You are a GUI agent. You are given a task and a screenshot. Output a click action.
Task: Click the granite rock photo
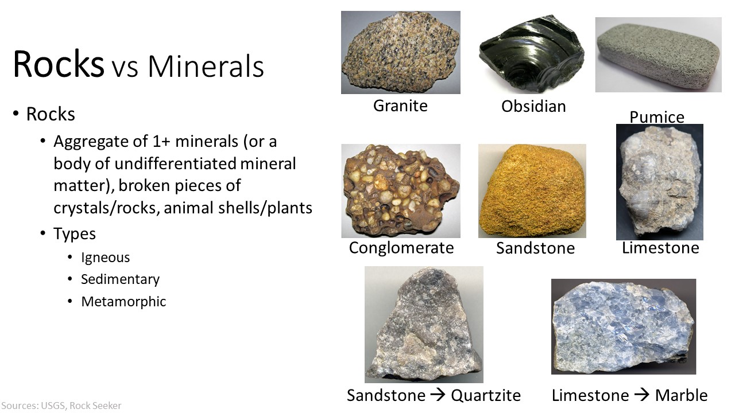(x=401, y=52)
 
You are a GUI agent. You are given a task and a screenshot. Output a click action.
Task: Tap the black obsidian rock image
(x=532, y=52)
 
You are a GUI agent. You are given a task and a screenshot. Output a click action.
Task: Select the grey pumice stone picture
(x=658, y=54)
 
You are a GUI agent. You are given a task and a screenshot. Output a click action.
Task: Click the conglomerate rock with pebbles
(x=401, y=191)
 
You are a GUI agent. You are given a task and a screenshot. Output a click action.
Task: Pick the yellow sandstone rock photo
(x=532, y=191)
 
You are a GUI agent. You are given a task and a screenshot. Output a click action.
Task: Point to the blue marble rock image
(x=624, y=326)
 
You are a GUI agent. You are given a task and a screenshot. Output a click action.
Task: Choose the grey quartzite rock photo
(x=424, y=325)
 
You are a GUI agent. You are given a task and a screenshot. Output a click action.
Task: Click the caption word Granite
(x=400, y=106)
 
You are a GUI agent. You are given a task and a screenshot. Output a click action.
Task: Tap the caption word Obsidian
(x=533, y=106)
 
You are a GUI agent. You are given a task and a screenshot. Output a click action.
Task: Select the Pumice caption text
(x=657, y=117)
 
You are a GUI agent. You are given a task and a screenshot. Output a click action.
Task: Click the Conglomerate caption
(x=401, y=248)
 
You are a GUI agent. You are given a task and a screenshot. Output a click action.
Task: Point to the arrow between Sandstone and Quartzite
(x=438, y=394)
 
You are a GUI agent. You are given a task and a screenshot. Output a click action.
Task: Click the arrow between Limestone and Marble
(x=642, y=394)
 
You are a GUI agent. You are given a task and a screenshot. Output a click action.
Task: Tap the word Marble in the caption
(x=681, y=395)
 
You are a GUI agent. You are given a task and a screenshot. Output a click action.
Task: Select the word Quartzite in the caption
(x=486, y=395)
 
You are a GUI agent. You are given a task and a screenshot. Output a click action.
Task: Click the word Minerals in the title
(x=206, y=67)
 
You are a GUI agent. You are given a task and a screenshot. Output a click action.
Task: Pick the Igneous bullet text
(x=105, y=258)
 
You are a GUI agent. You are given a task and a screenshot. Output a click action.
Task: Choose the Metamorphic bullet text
(x=123, y=302)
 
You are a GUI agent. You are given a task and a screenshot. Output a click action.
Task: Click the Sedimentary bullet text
(x=120, y=279)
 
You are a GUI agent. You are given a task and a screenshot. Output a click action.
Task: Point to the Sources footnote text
(x=61, y=406)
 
